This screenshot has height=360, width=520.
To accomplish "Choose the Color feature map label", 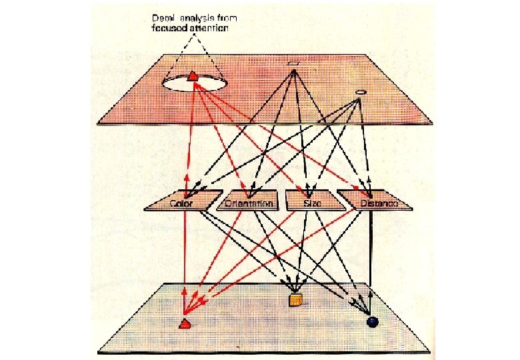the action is click(181, 203).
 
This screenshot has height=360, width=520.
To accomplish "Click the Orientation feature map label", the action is click(249, 203).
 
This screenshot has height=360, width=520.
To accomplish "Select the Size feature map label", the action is click(312, 202).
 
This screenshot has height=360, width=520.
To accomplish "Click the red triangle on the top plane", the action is click(193, 76).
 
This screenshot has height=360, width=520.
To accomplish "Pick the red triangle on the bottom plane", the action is click(185, 323).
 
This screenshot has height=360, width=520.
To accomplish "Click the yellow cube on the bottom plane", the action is click(295, 299).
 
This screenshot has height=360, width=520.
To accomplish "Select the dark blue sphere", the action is click(372, 321).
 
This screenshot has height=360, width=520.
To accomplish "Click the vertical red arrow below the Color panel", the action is click(185, 253).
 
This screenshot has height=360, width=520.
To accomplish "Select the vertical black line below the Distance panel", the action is click(371, 253).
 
